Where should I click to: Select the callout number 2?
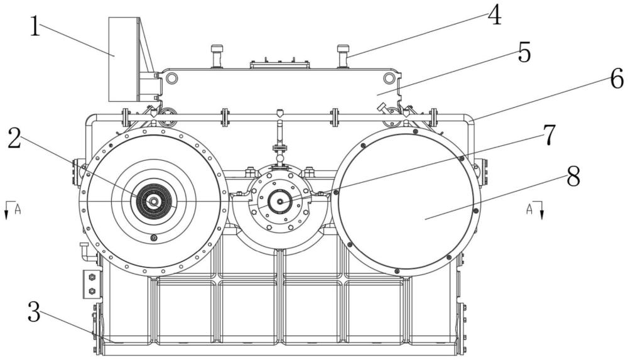tap(15, 139)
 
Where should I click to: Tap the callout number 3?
tap(34, 312)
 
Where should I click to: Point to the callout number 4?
tap(495, 16)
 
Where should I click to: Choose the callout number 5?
tap(524, 52)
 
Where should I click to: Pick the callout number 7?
tap(549, 134)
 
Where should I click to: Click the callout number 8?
tap(573, 177)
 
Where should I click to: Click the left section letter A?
tap(18, 209)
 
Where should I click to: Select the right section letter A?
tap(529, 209)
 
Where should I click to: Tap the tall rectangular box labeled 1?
tap(124, 59)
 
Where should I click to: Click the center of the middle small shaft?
tap(280, 202)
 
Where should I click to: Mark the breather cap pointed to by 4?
tap(343, 56)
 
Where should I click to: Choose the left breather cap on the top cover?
tap(217, 56)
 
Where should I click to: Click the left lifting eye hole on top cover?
tap(171, 77)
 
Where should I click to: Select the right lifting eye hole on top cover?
tap(388, 77)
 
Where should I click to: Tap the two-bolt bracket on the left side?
tap(91, 284)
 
